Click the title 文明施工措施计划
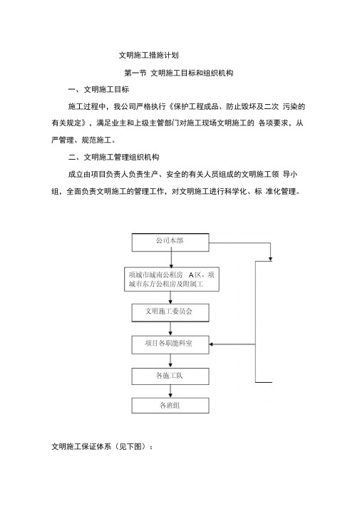148,55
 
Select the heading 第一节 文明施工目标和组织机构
178,73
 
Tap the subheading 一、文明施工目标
98,90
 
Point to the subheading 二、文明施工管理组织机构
113,158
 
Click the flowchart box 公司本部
170,242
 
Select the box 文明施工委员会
170,313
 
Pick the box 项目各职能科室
170,345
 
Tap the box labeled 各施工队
170,376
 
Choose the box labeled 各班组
170,406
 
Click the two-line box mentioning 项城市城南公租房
171,279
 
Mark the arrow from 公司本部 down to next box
171,259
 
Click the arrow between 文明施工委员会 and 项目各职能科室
170,329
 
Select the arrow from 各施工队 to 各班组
170,391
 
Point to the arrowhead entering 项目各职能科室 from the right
211,344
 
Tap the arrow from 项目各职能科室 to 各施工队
170,361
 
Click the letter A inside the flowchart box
191,275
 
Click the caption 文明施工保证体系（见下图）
102,447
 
